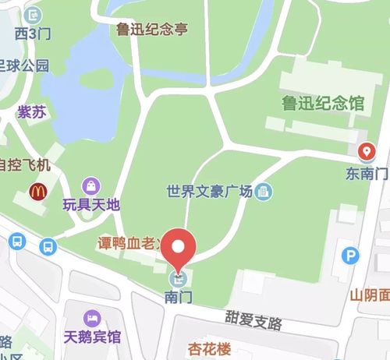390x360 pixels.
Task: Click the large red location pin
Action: [x=182, y=249]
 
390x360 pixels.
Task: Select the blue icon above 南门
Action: [x=179, y=278]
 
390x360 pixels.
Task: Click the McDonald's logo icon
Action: [x=36, y=189]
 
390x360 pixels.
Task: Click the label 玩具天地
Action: [x=92, y=205]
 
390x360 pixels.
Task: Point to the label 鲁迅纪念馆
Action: [x=323, y=101]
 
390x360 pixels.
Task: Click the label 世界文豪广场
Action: [x=210, y=190]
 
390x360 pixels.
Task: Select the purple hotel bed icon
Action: [x=93, y=318]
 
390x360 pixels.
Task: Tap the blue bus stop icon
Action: [x=48, y=247]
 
